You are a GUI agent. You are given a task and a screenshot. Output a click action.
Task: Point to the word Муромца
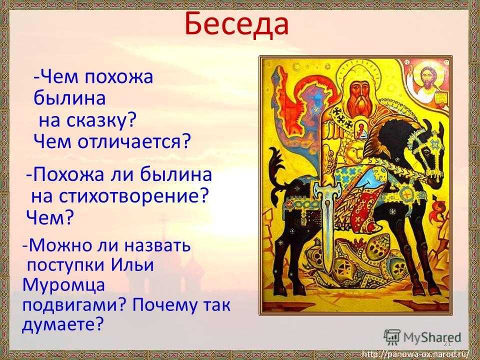[63, 285]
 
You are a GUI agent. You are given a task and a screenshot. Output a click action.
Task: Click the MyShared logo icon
[392, 337]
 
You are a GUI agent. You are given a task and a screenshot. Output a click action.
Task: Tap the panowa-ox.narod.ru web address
[417, 354]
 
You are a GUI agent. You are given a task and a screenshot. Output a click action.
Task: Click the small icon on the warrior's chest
[361, 130]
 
